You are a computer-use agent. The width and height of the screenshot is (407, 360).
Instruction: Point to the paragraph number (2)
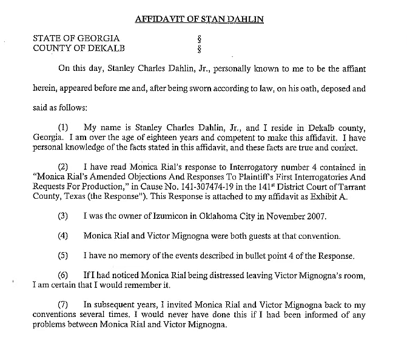pyautogui.click(x=63, y=167)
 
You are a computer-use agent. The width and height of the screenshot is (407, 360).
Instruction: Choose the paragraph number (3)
pyautogui.click(x=63, y=216)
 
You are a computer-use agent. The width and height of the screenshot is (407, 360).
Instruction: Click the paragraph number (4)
pyautogui.click(x=63, y=236)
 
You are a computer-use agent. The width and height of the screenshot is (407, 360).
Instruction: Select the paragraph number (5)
pyautogui.click(x=63, y=255)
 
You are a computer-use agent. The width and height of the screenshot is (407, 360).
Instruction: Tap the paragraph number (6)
pyautogui.click(x=63, y=275)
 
